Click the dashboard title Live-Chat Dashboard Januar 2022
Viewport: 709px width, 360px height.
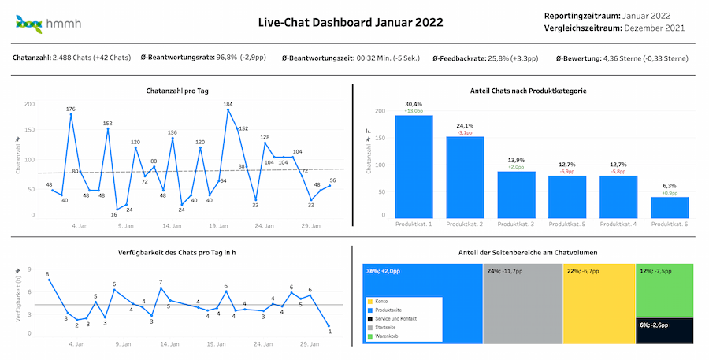(351, 22)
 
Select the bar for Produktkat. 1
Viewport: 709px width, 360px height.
(419, 167)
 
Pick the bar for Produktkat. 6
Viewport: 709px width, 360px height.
(670, 208)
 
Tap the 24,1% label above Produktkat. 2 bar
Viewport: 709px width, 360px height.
(465, 125)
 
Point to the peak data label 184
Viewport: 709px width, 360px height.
(228, 104)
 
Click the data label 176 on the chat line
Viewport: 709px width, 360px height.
(70, 109)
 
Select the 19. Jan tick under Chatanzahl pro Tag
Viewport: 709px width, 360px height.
(219, 226)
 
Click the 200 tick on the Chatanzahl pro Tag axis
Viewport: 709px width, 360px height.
(30, 104)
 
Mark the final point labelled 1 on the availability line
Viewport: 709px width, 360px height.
(329, 331)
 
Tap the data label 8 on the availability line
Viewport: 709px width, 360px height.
(47, 274)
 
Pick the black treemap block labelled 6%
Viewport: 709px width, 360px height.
(665, 330)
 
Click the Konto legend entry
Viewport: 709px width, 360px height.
(382, 302)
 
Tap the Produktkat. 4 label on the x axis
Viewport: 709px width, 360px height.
(618, 225)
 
